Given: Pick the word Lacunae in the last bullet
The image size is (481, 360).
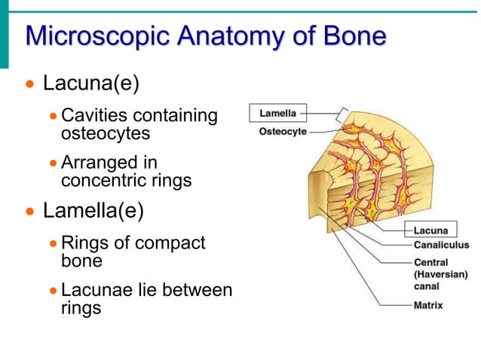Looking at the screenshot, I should tap(95, 290).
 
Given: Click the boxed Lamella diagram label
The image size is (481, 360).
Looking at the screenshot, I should tap(278, 114).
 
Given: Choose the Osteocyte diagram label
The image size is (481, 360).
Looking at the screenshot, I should tap(283, 131).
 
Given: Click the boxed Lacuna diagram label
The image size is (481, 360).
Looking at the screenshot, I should tap(430, 230).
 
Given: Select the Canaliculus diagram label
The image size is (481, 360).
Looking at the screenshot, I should tap(441, 245).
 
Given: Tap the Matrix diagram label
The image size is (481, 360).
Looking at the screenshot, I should tap(428, 305).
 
